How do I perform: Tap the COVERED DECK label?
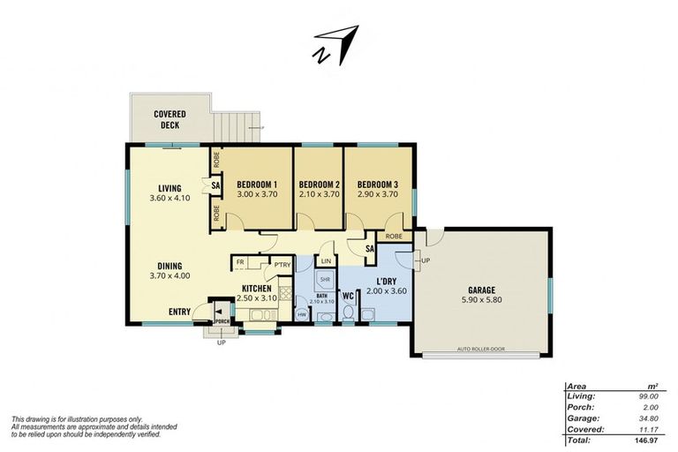click(169, 119)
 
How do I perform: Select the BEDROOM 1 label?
click(257, 184)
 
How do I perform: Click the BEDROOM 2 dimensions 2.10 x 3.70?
click(319, 194)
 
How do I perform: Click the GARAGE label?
click(480, 290)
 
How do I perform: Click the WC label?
click(348, 295)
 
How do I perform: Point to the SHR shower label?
click(325, 279)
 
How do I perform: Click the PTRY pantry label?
click(282, 264)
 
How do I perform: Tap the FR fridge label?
click(240, 263)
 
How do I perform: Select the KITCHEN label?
click(256, 288)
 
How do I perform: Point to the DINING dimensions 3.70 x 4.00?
click(169, 275)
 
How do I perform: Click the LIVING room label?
click(169, 188)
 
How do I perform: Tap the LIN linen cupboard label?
click(326, 260)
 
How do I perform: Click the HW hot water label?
click(302, 314)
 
